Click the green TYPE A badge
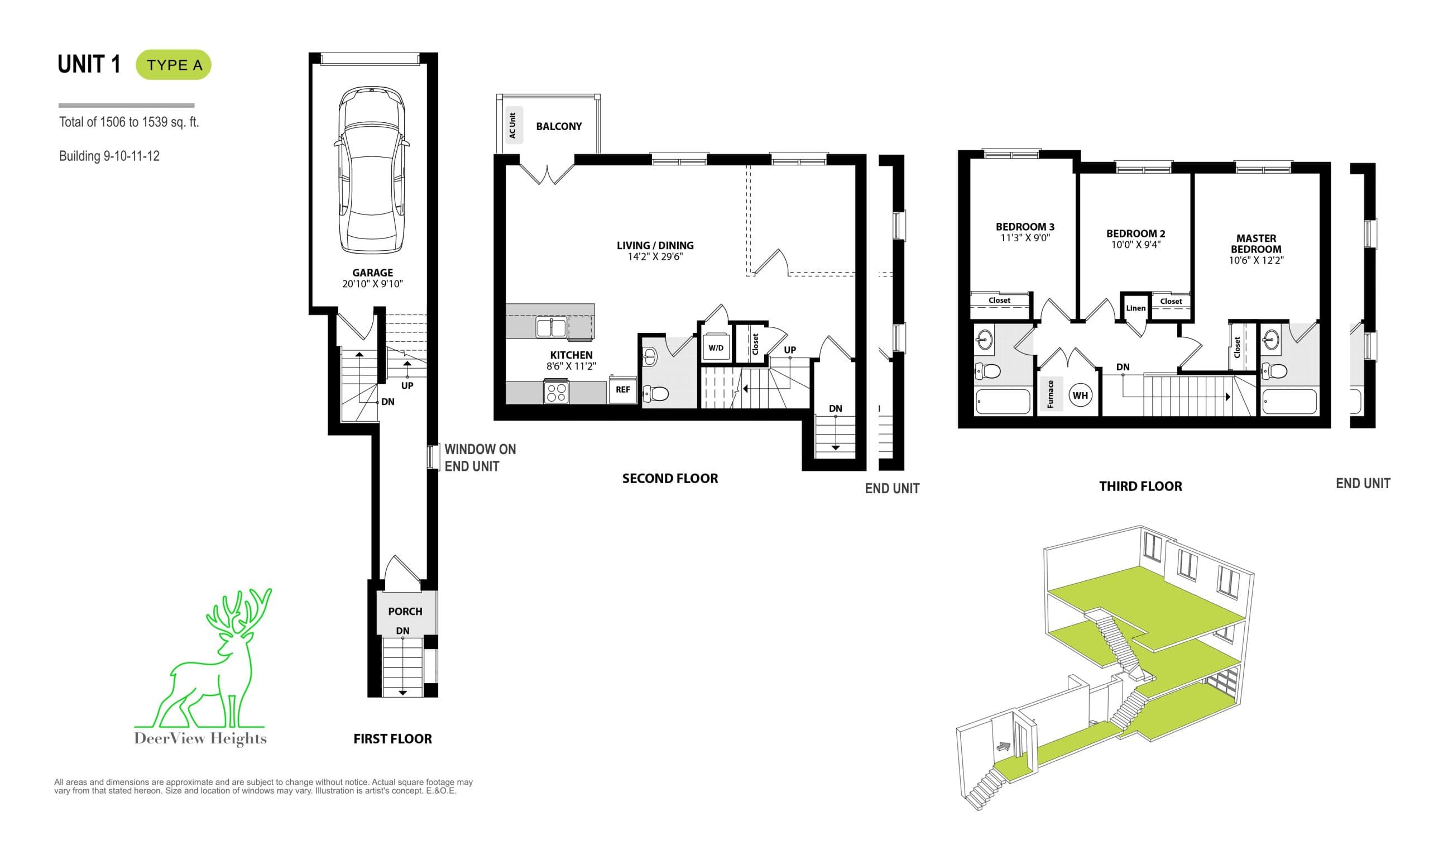point(174,65)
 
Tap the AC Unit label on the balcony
point(512,125)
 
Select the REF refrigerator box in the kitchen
point(623,389)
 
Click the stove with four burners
point(556,392)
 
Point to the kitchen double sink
point(551,328)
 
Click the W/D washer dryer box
point(716,348)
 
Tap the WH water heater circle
point(1080,395)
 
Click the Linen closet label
point(1135,308)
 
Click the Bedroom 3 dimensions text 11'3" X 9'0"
point(1025,238)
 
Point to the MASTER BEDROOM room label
point(1255,244)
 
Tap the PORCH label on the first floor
point(405,612)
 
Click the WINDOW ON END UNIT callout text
point(479,457)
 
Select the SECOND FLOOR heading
point(670,479)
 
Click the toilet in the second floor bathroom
point(657,393)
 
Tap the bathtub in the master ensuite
point(1289,402)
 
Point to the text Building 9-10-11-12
point(109,156)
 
